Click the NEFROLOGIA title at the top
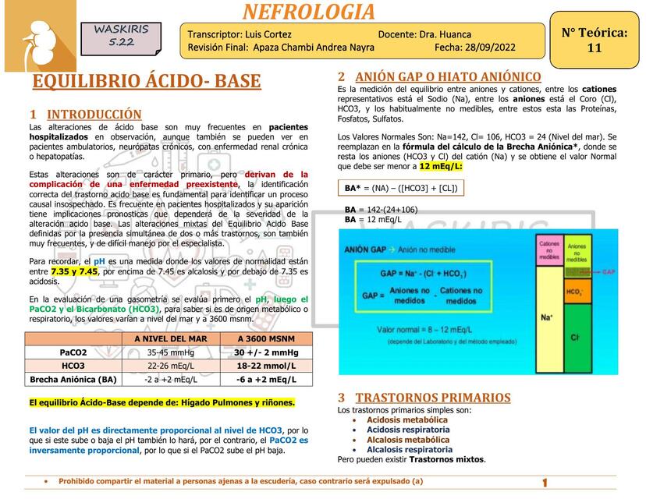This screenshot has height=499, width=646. coord(309,12)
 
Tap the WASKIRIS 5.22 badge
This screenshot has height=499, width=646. coord(121,36)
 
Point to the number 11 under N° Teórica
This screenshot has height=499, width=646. coord(594,48)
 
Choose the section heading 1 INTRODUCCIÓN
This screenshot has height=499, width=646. coord(86,115)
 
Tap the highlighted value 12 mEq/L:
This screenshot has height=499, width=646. coord(441,166)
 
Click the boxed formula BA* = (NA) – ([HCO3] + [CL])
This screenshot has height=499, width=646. coord(401,188)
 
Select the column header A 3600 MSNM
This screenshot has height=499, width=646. coord(266,338)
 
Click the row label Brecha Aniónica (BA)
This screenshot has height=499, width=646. coord(73,380)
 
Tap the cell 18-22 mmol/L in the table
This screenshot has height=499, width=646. coord(266,366)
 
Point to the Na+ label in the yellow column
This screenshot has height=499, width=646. coord(547,317)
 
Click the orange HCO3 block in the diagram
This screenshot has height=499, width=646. coord(575,292)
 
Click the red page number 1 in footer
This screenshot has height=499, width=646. coord(545,483)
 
